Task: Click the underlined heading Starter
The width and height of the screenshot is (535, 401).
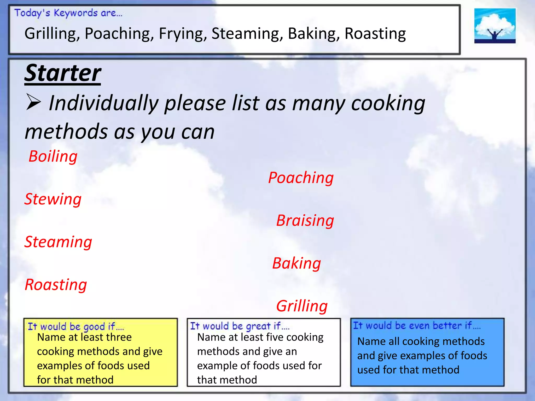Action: click(x=63, y=73)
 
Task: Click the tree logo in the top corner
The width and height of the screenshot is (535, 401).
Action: click(x=495, y=26)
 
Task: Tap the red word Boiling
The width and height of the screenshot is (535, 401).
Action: click(x=53, y=157)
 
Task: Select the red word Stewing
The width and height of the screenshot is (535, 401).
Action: click(x=53, y=199)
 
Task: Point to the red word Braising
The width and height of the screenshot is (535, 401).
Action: click(x=305, y=221)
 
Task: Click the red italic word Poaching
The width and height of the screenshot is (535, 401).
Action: click(x=301, y=178)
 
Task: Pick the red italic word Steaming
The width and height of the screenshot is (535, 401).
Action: click(x=58, y=242)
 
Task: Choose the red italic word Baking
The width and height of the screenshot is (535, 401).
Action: click(x=296, y=263)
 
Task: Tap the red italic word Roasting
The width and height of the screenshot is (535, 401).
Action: click(x=56, y=285)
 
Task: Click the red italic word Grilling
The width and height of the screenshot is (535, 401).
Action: click(x=302, y=306)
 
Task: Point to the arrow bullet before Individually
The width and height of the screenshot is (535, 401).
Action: click(x=33, y=103)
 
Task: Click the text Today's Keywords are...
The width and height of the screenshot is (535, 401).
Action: click(x=68, y=13)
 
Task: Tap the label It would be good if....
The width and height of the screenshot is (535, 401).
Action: click(x=76, y=327)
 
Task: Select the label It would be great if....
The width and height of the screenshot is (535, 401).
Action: click(x=240, y=326)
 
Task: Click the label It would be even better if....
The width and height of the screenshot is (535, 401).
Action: click(x=417, y=326)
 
